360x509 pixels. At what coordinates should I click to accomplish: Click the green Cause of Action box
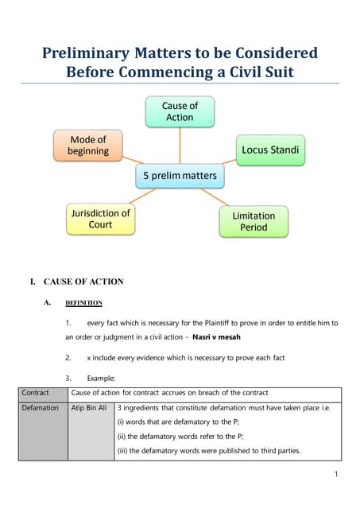pyautogui.click(x=180, y=111)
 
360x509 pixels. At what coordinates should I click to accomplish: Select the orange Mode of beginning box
pyautogui.click(x=88, y=146)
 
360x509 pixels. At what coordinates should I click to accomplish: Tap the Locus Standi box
pyautogui.click(x=269, y=149)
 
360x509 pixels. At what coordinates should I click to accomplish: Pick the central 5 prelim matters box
pyautogui.click(x=180, y=176)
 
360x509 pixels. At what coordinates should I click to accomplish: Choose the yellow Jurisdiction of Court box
pyautogui.click(x=100, y=219)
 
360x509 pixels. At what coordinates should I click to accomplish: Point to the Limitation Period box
pyautogui.click(x=254, y=221)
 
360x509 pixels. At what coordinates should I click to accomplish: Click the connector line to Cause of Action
pyautogui.click(x=180, y=146)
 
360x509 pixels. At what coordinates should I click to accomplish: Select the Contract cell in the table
pyautogui.click(x=36, y=393)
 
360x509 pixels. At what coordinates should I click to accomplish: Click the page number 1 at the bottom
pyautogui.click(x=336, y=475)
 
